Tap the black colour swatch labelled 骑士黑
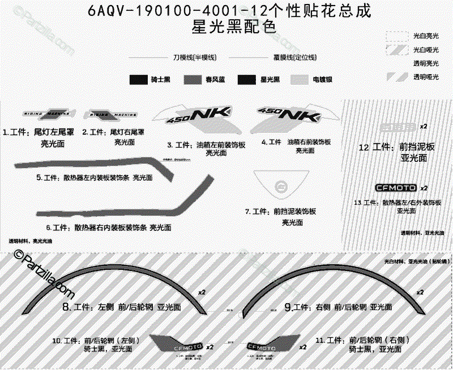(x=139, y=80)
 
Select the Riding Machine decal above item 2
(x=110, y=114)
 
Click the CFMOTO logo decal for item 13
(x=397, y=188)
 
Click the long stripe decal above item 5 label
(x=85, y=162)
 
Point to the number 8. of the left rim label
(x=65, y=307)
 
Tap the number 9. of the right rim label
(x=288, y=307)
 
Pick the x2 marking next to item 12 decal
(x=423, y=124)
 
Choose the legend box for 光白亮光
(x=396, y=36)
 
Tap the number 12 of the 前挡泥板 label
(x=364, y=147)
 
